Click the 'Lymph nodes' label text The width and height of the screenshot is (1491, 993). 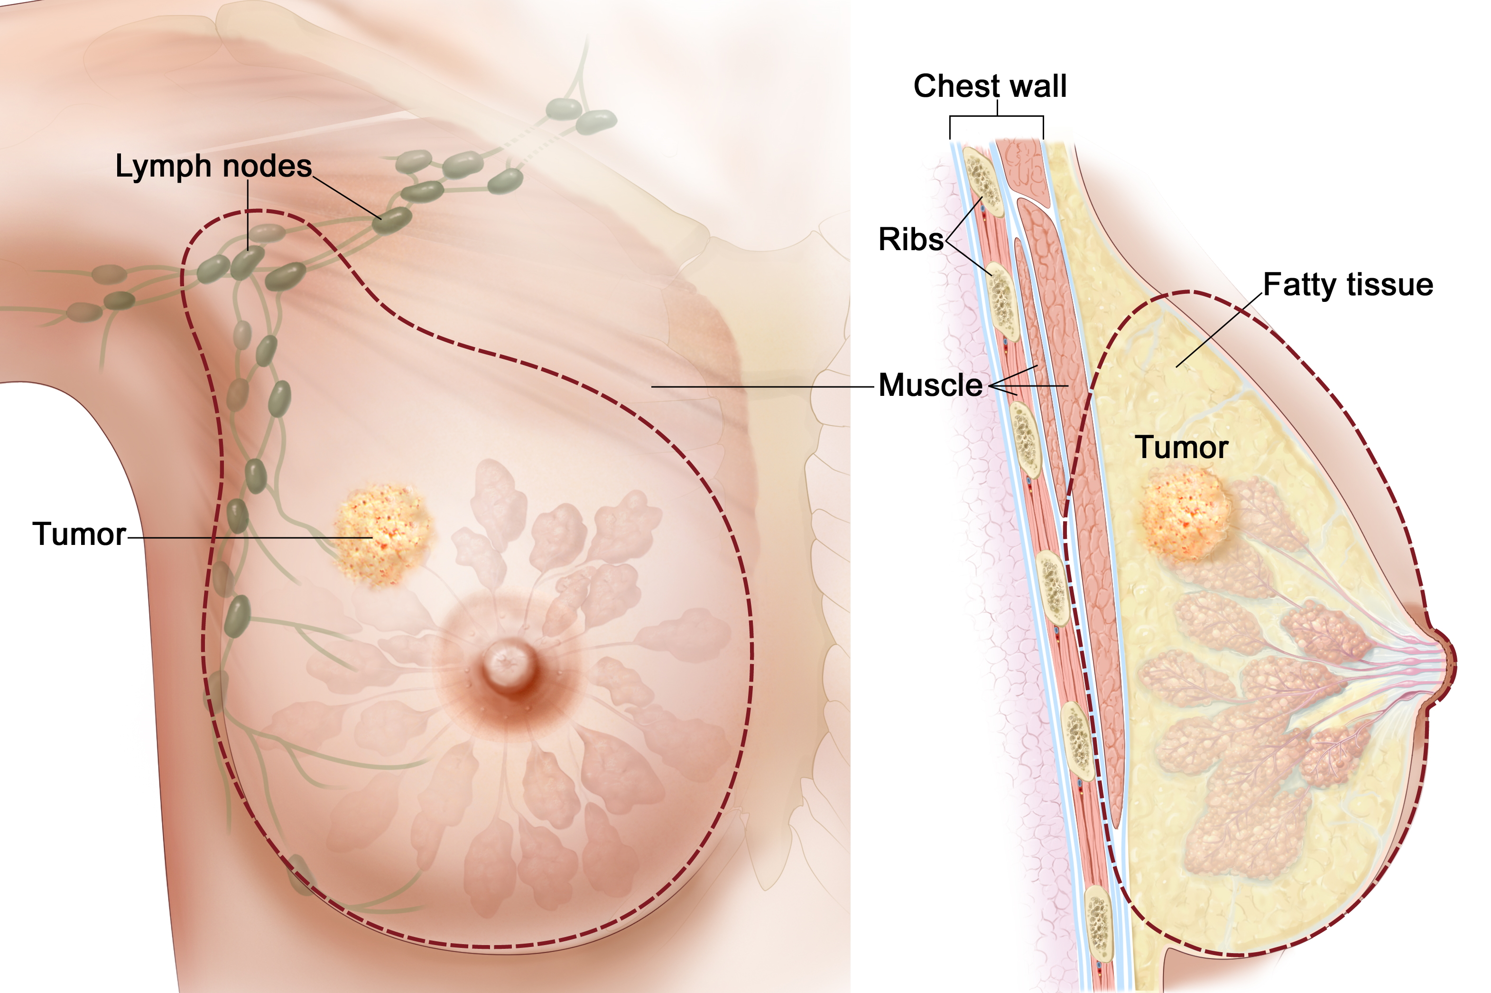coord(213,166)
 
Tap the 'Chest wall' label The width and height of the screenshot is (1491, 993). coord(990,86)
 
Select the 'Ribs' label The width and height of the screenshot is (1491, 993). coord(911,239)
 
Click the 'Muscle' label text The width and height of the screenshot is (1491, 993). coord(930,385)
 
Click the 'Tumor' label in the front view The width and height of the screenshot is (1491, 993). coord(79,534)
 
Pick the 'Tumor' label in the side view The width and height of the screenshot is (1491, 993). coord(1181,448)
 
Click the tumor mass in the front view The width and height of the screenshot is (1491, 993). coord(383,533)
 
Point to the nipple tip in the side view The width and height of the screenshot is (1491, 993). coord(1449,665)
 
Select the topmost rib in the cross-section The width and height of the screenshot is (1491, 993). coord(983,182)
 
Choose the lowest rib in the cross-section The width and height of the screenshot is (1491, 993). coord(1099,925)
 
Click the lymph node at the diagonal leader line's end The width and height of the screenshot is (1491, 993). coord(392,220)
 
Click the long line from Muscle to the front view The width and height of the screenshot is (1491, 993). coord(759,386)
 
